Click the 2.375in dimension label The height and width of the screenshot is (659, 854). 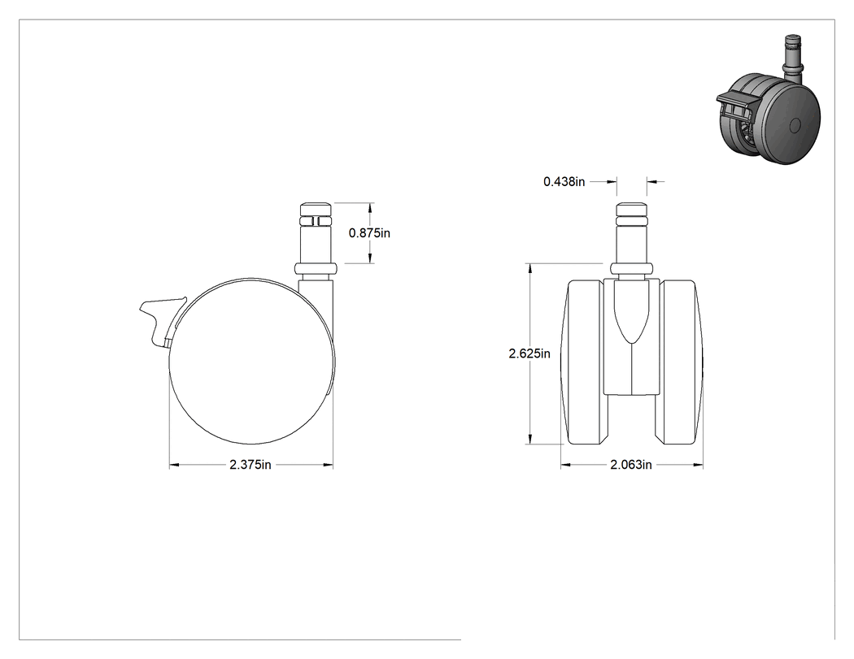(251, 465)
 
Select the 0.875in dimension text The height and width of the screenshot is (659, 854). (369, 233)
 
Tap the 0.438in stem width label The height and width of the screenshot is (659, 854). (564, 182)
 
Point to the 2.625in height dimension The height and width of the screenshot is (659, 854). (529, 353)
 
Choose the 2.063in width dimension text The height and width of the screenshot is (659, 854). (630, 465)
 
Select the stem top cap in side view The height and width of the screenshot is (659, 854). (316, 209)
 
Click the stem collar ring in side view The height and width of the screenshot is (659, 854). (316, 269)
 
